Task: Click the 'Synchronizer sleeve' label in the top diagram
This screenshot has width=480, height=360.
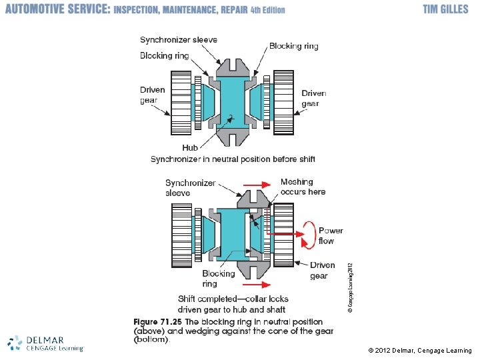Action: pyautogui.click(x=179, y=40)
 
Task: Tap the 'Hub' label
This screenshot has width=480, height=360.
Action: pyautogui.click(x=191, y=147)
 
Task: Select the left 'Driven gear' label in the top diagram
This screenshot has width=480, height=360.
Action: pyautogui.click(x=153, y=95)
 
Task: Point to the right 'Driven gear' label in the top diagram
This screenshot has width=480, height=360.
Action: pyautogui.click(x=314, y=98)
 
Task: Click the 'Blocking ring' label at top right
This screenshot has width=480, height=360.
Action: pyautogui.click(x=293, y=46)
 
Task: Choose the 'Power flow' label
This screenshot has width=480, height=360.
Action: pyautogui.click(x=331, y=235)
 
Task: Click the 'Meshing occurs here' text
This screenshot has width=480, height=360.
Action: pyautogui.click(x=303, y=187)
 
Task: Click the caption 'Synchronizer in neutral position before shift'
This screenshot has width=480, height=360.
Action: pyautogui.click(x=233, y=159)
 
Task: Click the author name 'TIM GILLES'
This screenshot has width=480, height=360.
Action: pyautogui.click(x=445, y=9)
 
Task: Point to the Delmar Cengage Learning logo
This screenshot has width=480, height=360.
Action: pyautogui.click(x=45, y=343)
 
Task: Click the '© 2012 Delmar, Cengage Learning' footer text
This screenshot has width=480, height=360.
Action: pyautogui.click(x=420, y=351)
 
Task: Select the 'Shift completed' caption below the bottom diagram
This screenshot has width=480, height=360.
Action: pyautogui.click(x=231, y=304)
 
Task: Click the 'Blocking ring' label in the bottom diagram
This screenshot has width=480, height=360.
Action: pyautogui.click(x=219, y=279)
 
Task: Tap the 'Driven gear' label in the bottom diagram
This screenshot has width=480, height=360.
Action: pyautogui.click(x=323, y=270)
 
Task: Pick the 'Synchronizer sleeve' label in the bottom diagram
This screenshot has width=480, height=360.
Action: pyautogui.click(x=191, y=187)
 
